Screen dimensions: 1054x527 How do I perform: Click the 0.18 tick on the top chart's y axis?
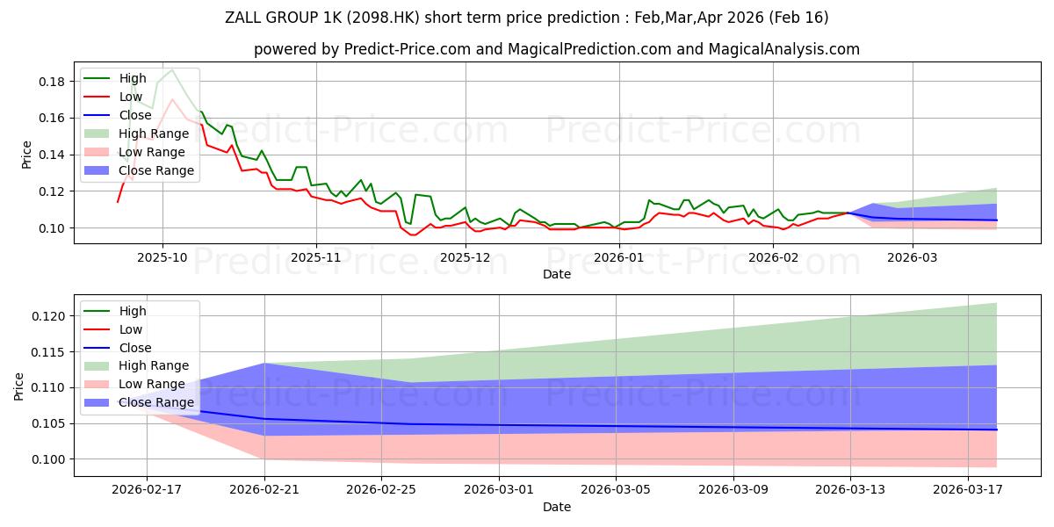tap(51, 82)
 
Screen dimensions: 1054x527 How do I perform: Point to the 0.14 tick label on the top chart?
tap(51, 155)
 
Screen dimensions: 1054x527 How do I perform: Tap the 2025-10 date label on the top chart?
tap(162, 258)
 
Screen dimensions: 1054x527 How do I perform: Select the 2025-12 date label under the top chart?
tap(466, 258)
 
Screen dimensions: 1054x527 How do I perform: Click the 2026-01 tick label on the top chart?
tap(619, 258)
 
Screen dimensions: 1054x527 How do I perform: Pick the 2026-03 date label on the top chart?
tap(913, 258)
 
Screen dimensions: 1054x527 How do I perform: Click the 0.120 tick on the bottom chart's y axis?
tap(48, 316)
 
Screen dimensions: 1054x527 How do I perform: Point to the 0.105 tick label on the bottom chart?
tap(48, 424)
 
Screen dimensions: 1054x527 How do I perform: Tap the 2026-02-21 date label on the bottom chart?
tap(264, 490)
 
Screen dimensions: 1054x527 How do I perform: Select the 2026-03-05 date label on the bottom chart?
tap(616, 490)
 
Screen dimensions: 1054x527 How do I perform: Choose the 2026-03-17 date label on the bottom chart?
tap(968, 490)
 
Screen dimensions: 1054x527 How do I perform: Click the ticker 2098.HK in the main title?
tap(383, 18)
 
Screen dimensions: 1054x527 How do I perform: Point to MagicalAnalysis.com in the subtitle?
tap(783, 49)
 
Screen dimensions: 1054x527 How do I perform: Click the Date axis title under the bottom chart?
tap(557, 507)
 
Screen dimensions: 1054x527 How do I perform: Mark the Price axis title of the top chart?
tap(26, 155)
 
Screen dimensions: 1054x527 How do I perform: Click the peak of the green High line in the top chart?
tap(172, 70)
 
